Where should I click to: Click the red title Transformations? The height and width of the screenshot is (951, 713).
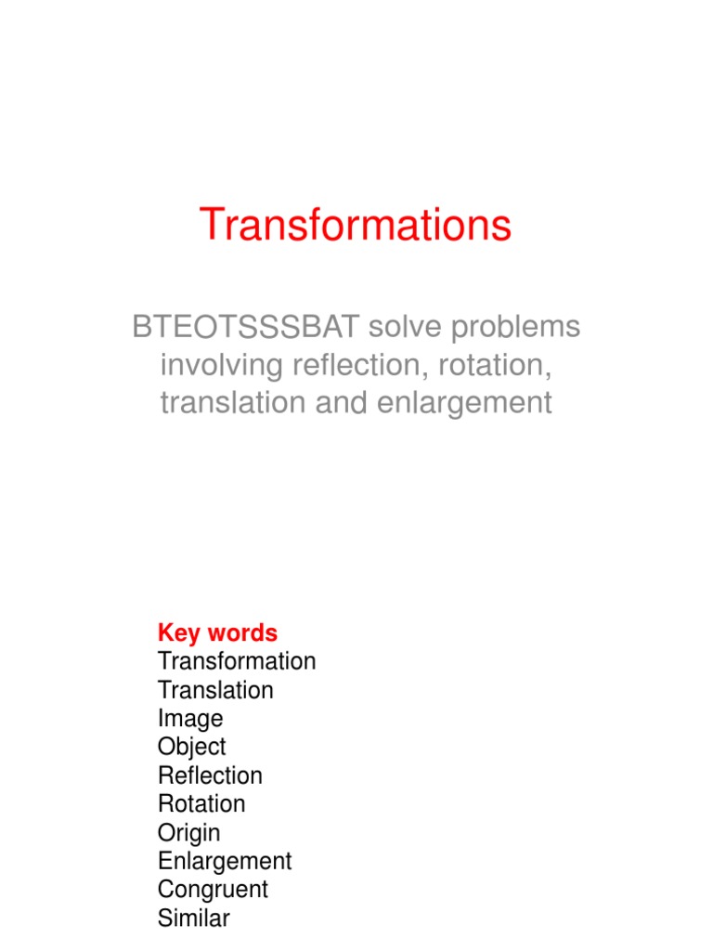pos(356,226)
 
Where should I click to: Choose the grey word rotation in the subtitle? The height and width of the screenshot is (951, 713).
pos(497,366)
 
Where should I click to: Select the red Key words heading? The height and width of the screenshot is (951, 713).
pos(217,633)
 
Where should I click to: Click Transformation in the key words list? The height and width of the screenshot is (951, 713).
pos(237,661)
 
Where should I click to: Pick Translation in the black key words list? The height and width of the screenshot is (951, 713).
pos(215,690)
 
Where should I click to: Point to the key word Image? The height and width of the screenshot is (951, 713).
pos(190,719)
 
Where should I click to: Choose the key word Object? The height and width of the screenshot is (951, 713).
pos(191,748)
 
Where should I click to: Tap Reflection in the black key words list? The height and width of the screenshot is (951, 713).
pos(210,775)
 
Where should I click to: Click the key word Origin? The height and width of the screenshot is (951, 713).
pos(188,833)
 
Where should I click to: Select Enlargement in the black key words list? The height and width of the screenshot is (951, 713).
pos(225,861)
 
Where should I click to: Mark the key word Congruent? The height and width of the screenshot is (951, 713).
pos(213,890)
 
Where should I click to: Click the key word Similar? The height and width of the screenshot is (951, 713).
pos(193,918)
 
